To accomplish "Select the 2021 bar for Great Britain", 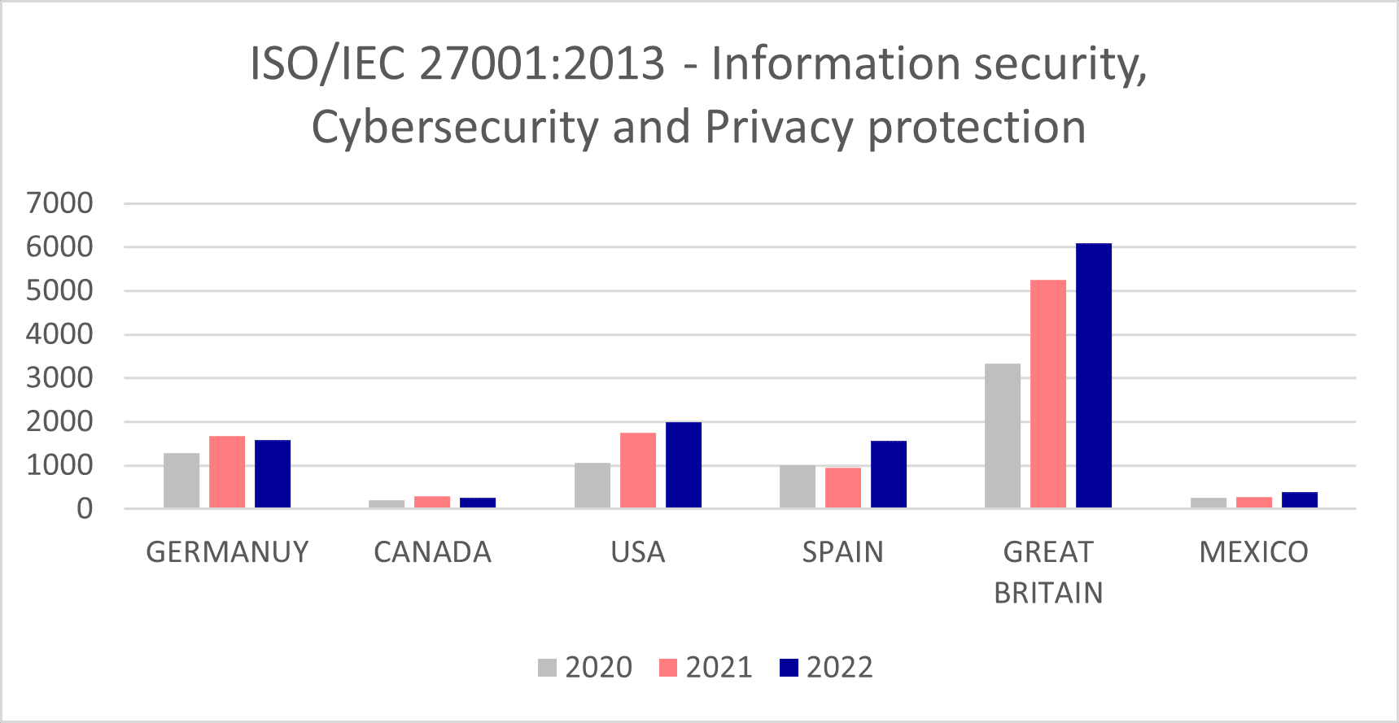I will click(x=1047, y=394).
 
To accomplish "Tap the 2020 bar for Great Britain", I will click(x=1002, y=436).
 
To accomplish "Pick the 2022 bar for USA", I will click(x=683, y=465).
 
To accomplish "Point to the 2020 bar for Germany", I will click(x=181, y=481).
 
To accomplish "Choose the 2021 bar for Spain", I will click(x=842, y=488).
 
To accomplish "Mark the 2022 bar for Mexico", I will click(x=1299, y=500).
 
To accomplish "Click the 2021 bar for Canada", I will click(x=432, y=502).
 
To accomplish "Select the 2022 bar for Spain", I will click(x=888, y=474).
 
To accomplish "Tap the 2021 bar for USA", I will click(x=637, y=470).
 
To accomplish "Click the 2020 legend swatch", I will click(x=547, y=668).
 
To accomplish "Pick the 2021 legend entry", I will click(x=705, y=668).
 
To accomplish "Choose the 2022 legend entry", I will click(x=825, y=668).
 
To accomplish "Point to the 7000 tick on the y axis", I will click(x=59, y=203).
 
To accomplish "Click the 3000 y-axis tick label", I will click(x=59, y=378).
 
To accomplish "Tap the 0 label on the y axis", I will click(x=85, y=509).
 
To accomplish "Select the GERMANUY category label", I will click(x=227, y=552).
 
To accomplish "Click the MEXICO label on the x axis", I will click(x=1253, y=552).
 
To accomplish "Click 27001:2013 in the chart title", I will click(x=542, y=63).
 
